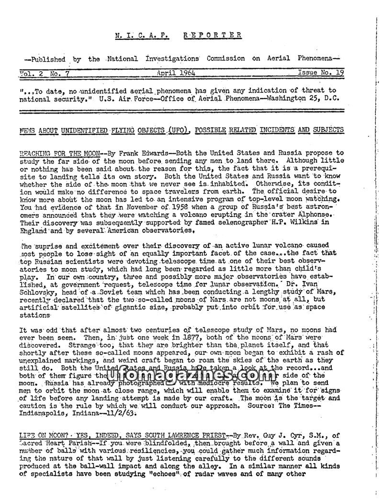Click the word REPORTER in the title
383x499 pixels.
coord(213,35)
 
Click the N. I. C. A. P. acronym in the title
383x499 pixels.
coord(143,35)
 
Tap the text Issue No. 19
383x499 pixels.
coord(321,73)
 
